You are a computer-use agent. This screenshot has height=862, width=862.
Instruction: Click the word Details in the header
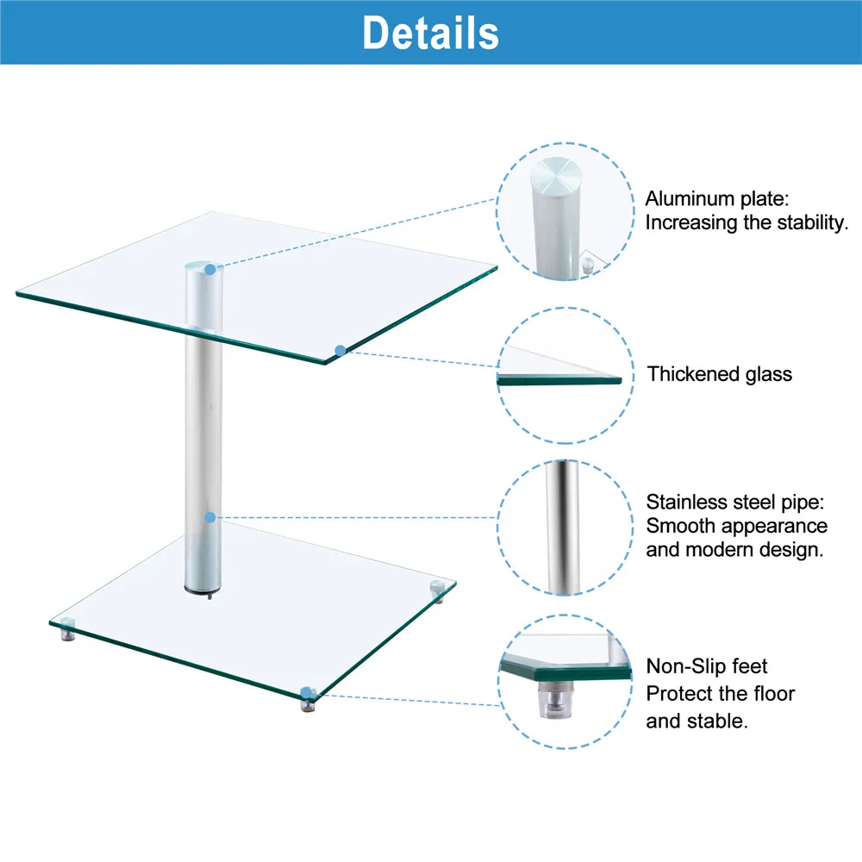(430, 33)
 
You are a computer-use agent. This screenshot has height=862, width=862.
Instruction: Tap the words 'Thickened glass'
(720, 374)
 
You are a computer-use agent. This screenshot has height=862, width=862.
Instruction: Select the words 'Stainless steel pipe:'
(736, 502)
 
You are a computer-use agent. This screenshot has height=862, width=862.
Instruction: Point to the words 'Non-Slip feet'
(707, 666)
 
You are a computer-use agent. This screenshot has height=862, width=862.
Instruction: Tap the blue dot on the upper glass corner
(340, 350)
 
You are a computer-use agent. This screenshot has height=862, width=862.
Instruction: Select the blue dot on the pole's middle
(209, 517)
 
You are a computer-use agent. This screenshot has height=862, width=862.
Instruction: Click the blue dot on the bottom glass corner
(308, 692)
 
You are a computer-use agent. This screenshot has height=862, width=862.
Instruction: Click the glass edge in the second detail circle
(560, 379)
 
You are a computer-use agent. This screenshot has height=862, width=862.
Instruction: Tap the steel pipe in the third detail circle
(562, 526)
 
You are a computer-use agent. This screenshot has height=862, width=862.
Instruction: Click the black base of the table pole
(201, 592)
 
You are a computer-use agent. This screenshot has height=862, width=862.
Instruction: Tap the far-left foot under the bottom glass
(66, 635)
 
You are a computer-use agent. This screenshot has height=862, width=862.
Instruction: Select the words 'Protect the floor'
(721, 694)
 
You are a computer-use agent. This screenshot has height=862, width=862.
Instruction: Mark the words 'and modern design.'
(735, 550)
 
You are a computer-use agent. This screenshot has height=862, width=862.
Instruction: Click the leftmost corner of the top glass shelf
(19, 295)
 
